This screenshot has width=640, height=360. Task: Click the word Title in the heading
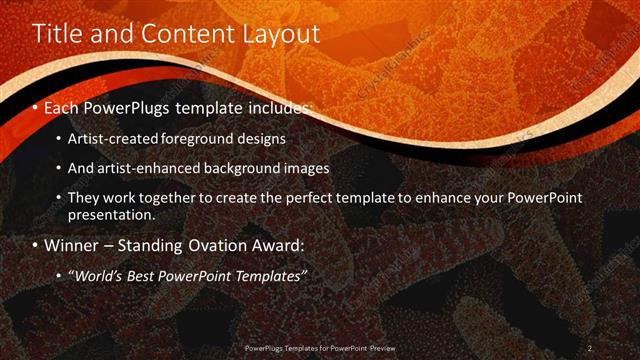(54, 33)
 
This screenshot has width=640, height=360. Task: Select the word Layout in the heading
(281, 33)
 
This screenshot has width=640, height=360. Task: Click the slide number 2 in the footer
(590, 347)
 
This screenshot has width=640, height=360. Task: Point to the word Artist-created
(110, 138)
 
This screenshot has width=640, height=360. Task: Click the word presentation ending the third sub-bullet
(111, 214)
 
